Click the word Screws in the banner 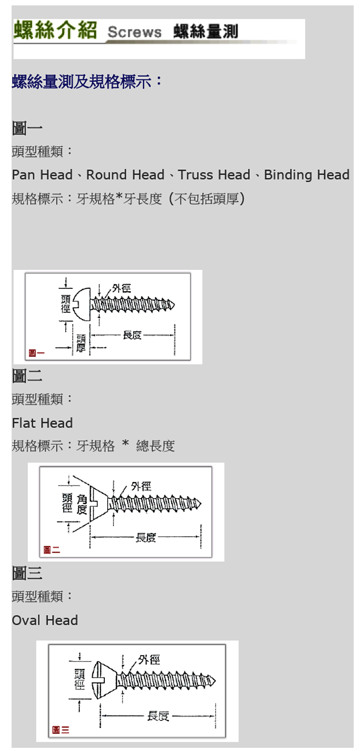(x=134, y=32)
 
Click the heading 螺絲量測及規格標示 (x=87, y=82)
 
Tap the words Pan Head (x=42, y=175)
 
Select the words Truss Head (x=214, y=175)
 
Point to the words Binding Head (x=306, y=175)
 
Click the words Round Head (x=125, y=175)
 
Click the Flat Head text (x=42, y=423)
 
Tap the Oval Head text (x=45, y=621)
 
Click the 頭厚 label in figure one (x=81, y=343)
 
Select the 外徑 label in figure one (x=121, y=288)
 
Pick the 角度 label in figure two (x=82, y=504)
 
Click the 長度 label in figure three (x=158, y=716)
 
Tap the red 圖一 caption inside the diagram (x=36, y=353)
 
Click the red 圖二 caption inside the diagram (x=51, y=550)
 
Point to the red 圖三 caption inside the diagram (x=61, y=730)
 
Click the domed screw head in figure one (x=82, y=305)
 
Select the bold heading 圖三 (x=27, y=573)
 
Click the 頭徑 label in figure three (x=80, y=679)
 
